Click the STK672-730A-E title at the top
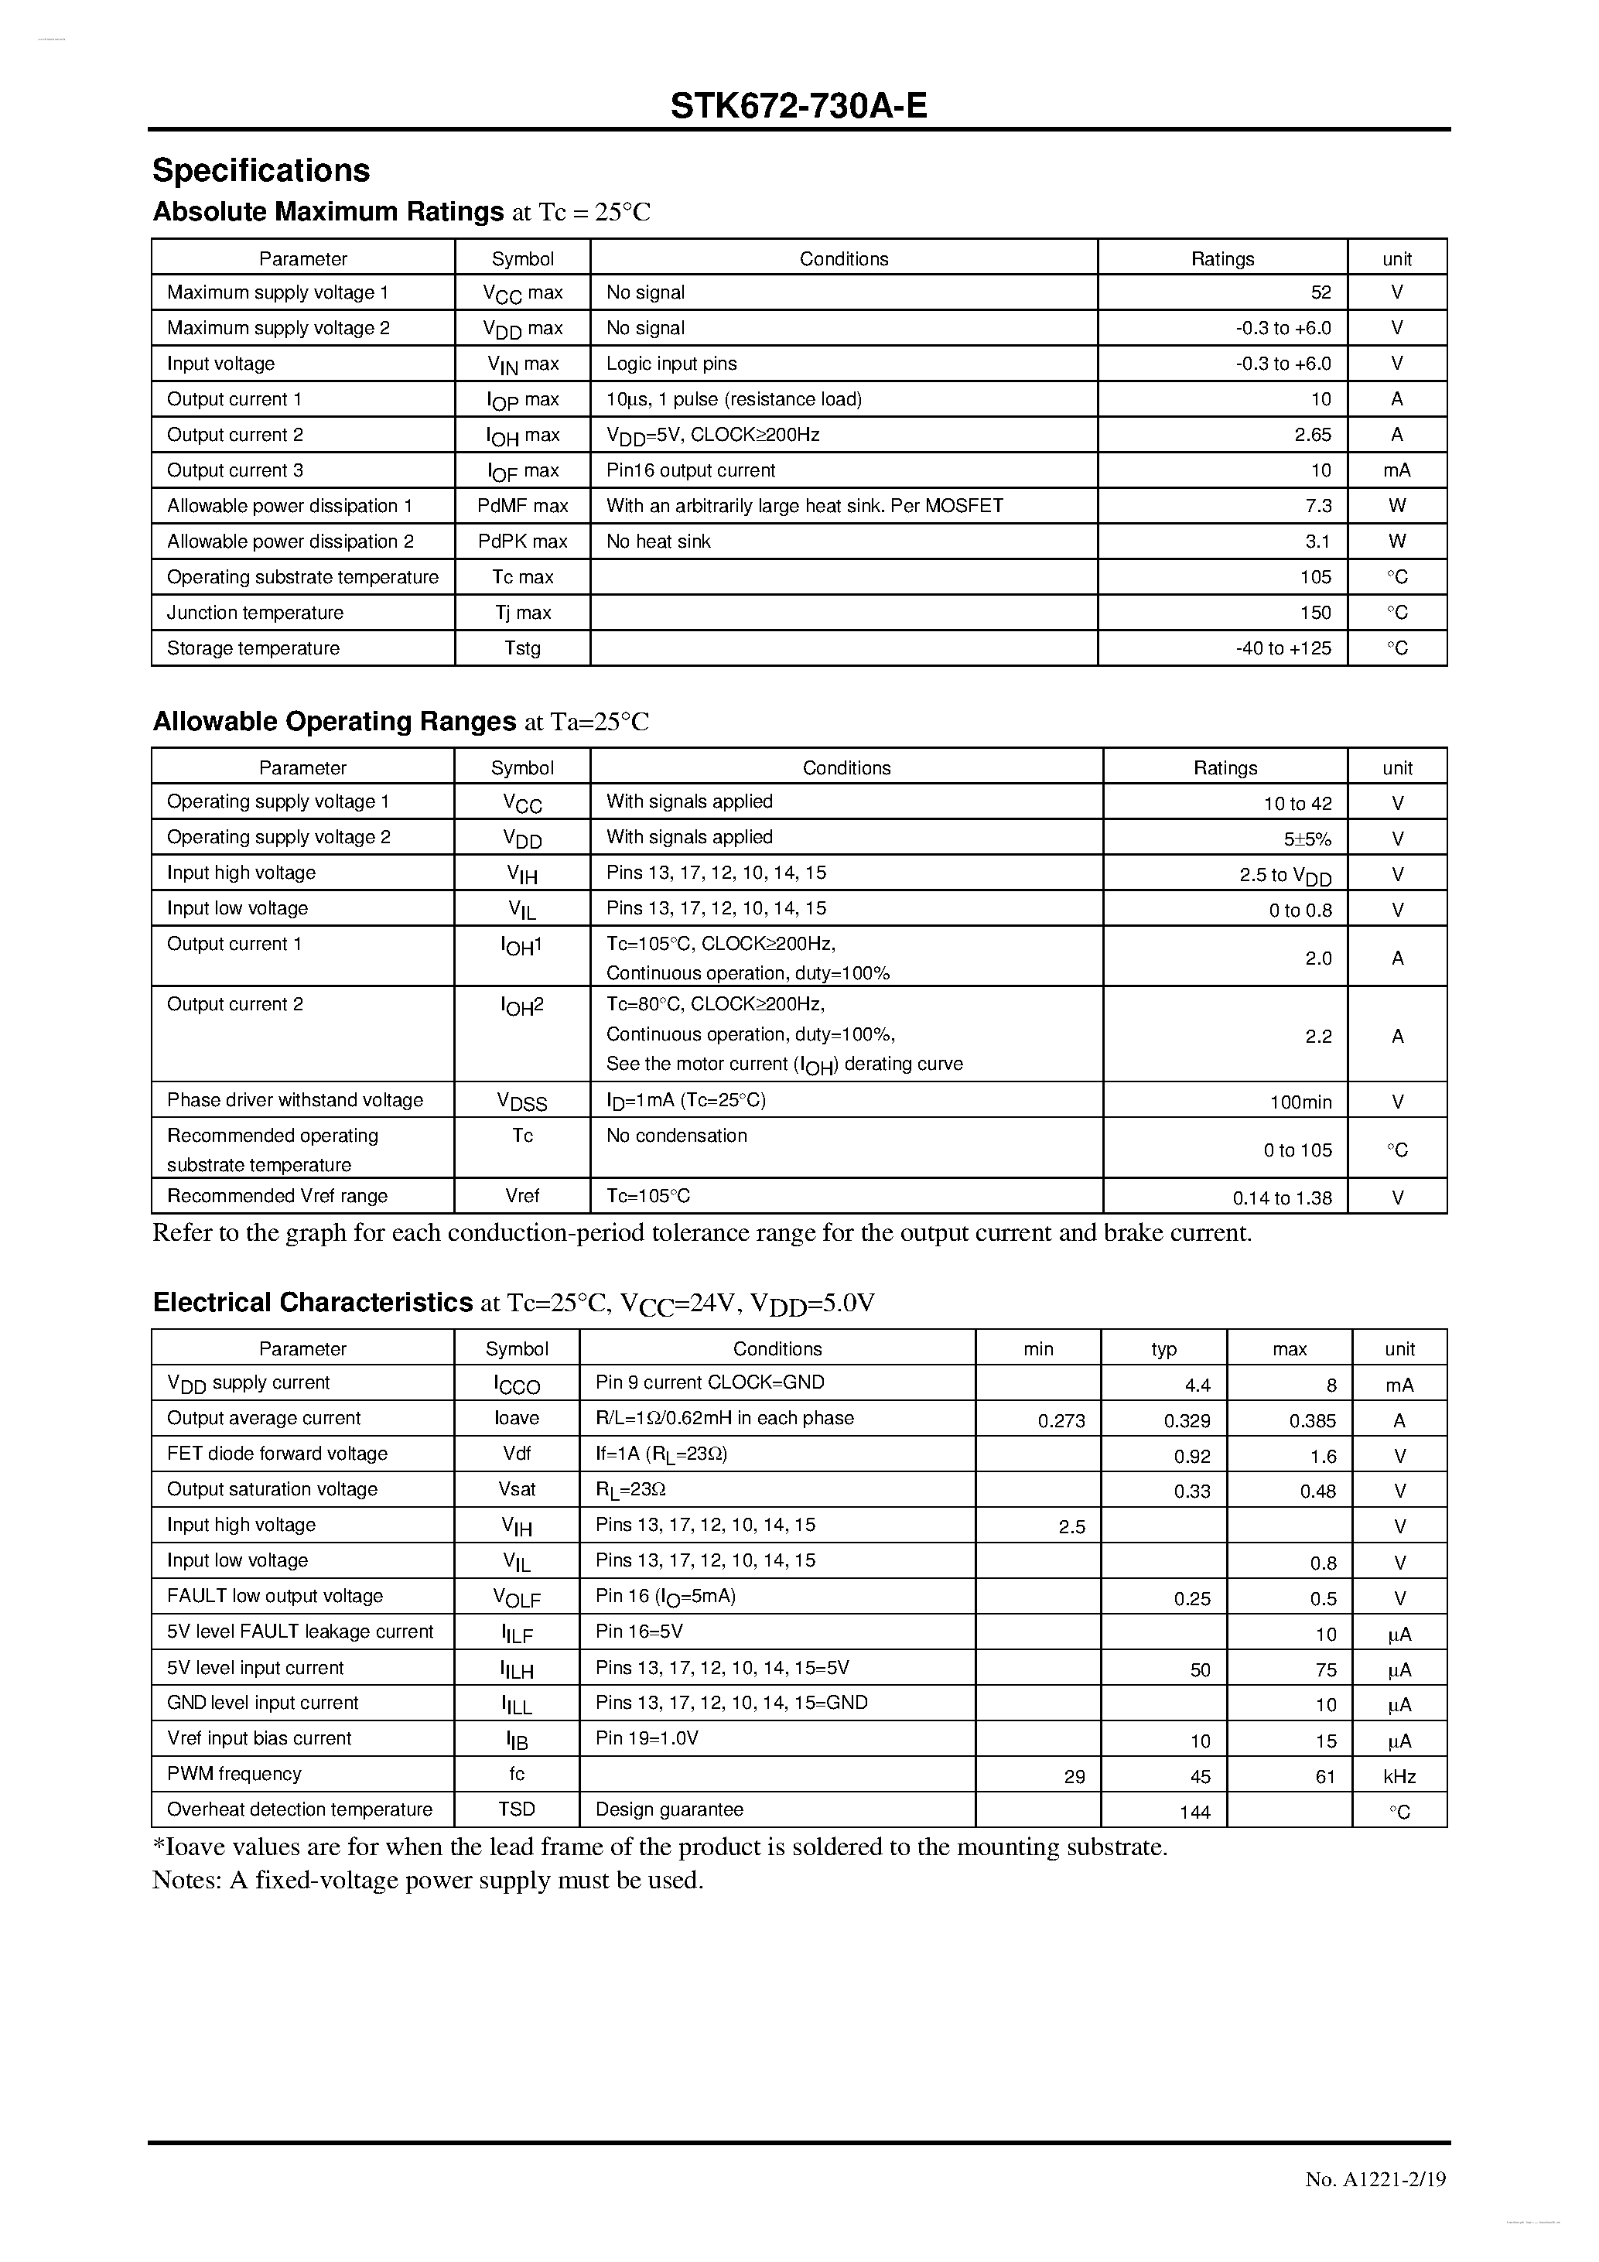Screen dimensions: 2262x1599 click(798, 105)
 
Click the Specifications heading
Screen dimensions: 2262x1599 click(261, 170)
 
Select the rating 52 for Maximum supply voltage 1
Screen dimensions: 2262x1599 click(1321, 292)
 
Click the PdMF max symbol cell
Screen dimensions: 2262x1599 click(522, 507)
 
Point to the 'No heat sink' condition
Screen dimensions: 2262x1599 click(658, 542)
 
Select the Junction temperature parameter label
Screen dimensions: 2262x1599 click(255, 613)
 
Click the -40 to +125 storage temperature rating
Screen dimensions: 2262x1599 click(1283, 648)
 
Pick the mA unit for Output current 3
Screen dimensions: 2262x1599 click(1396, 471)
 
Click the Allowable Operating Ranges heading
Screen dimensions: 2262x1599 click(334, 722)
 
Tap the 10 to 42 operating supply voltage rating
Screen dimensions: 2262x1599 click(1297, 804)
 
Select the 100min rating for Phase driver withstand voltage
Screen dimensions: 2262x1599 click(1300, 1102)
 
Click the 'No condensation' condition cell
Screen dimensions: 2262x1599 click(677, 1136)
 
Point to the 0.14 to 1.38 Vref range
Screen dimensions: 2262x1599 click(1282, 1199)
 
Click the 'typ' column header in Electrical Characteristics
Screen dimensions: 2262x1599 click(1163, 1348)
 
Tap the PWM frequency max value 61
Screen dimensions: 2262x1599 click(1324, 1776)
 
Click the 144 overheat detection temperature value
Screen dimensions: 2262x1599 click(1194, 1812)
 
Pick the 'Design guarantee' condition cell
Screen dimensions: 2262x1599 click(669, 1809)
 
